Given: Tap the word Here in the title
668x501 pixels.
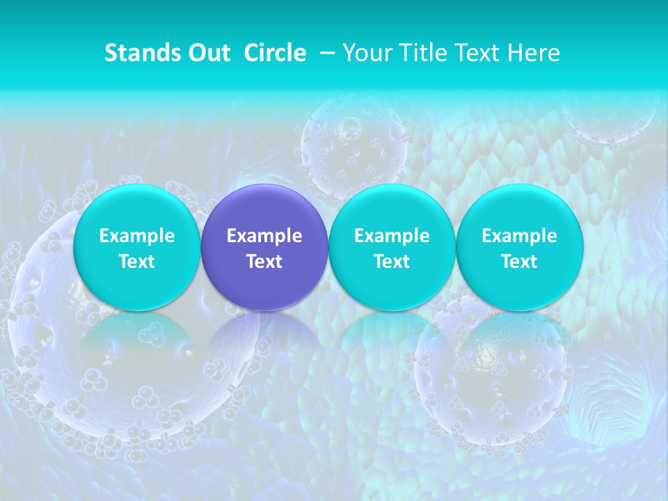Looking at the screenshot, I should click(x=534, y=53).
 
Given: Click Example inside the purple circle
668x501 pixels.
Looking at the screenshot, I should click(x=264, y=236).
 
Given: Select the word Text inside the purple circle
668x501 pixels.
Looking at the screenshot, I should click(x=264, y=262).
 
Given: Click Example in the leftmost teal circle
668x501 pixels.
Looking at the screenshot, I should click(x=137, y=236).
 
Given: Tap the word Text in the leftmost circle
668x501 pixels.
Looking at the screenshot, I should click(x=137, y=262).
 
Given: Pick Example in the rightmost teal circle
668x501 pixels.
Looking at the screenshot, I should click(x=520, y=236).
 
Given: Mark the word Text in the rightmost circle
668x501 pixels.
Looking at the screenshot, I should click(x=520, y=262).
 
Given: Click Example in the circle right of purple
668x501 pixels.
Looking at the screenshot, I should click(x=392, y=236).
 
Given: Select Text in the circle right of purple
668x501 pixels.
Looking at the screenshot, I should click(x=392, y=262).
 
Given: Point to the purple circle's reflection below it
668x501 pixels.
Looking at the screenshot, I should click(x=264, y=341).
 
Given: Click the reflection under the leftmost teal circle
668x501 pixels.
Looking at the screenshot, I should click(x=137, y=341).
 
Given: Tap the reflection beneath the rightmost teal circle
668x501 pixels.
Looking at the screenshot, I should click(x=520, y=341).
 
